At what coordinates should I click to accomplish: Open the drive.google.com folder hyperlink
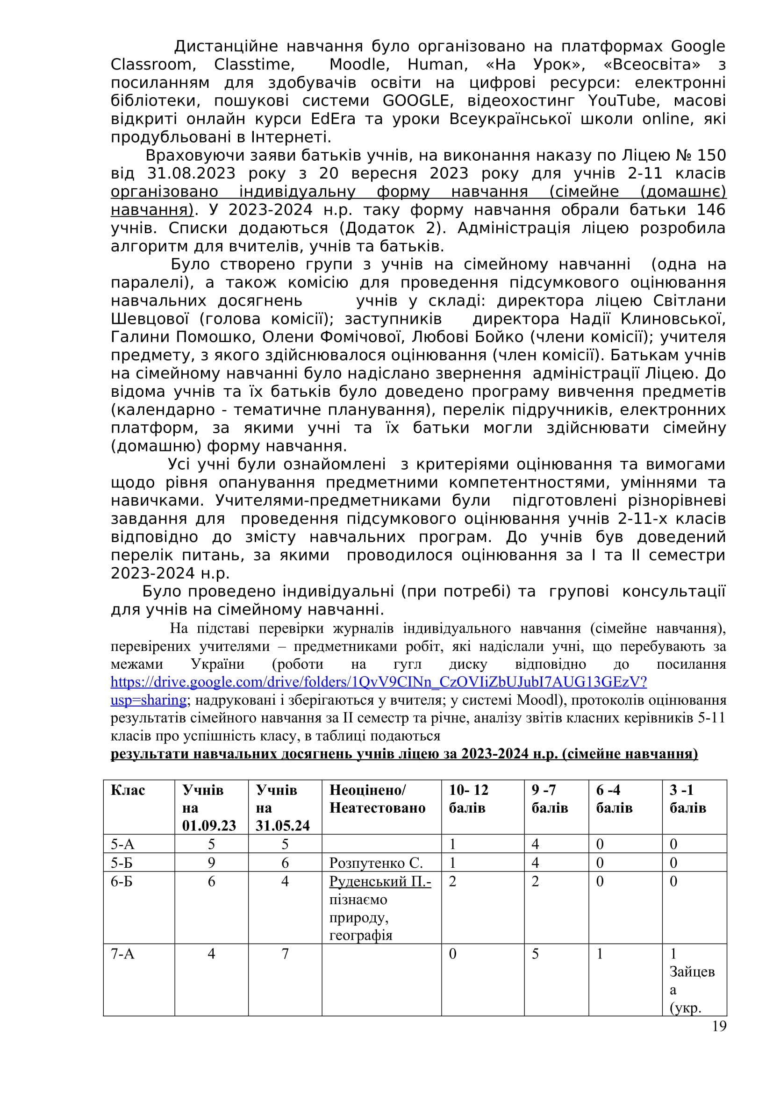(379, 682)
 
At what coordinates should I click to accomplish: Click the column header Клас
(128, 790)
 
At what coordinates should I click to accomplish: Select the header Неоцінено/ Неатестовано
(377, 799)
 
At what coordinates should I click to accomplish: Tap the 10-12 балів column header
(468, 799)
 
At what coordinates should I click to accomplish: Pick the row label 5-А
(122, 844)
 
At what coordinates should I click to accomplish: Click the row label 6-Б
(122, 881)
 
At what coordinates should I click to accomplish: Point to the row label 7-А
(122, 954)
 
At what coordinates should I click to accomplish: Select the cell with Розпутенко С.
(376, 863)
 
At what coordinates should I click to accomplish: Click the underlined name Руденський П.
(380, 881)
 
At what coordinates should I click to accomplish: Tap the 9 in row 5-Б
(211, 863)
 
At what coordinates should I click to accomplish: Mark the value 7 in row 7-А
(285, 954)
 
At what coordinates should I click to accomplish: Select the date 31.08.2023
(191, 173)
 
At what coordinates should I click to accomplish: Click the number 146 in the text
(711, 209)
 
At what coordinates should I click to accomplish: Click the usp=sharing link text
(149, 700)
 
